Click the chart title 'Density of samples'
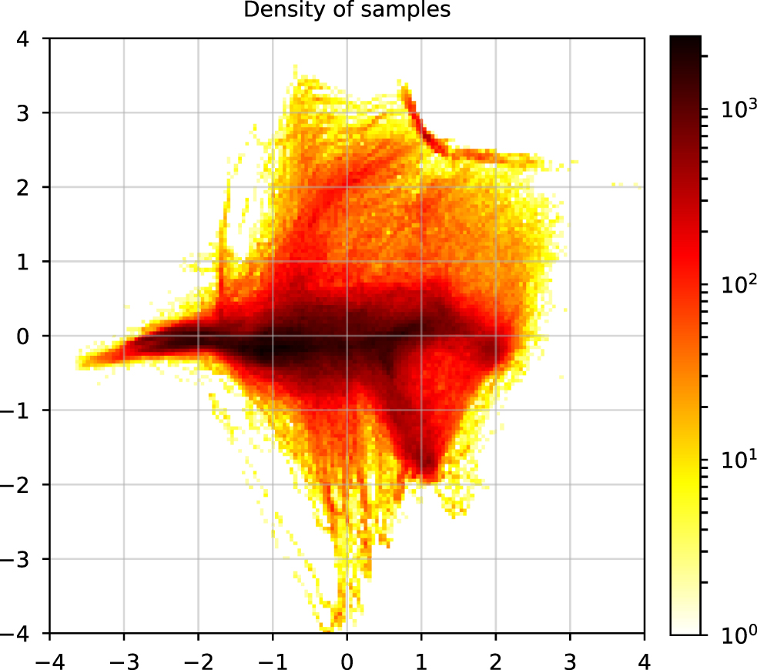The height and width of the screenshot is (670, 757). [x=346, y=10]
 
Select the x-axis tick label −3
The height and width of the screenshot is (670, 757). [x=123, y=661]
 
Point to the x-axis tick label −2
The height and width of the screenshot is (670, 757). [x=198, y=661]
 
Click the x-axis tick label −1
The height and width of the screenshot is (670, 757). [x=272, y=661]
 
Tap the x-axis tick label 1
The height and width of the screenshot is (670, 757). [x=421, y=661]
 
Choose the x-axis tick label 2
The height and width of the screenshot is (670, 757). [x=496, y=661]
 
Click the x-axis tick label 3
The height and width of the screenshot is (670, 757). [x=570, y=661]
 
